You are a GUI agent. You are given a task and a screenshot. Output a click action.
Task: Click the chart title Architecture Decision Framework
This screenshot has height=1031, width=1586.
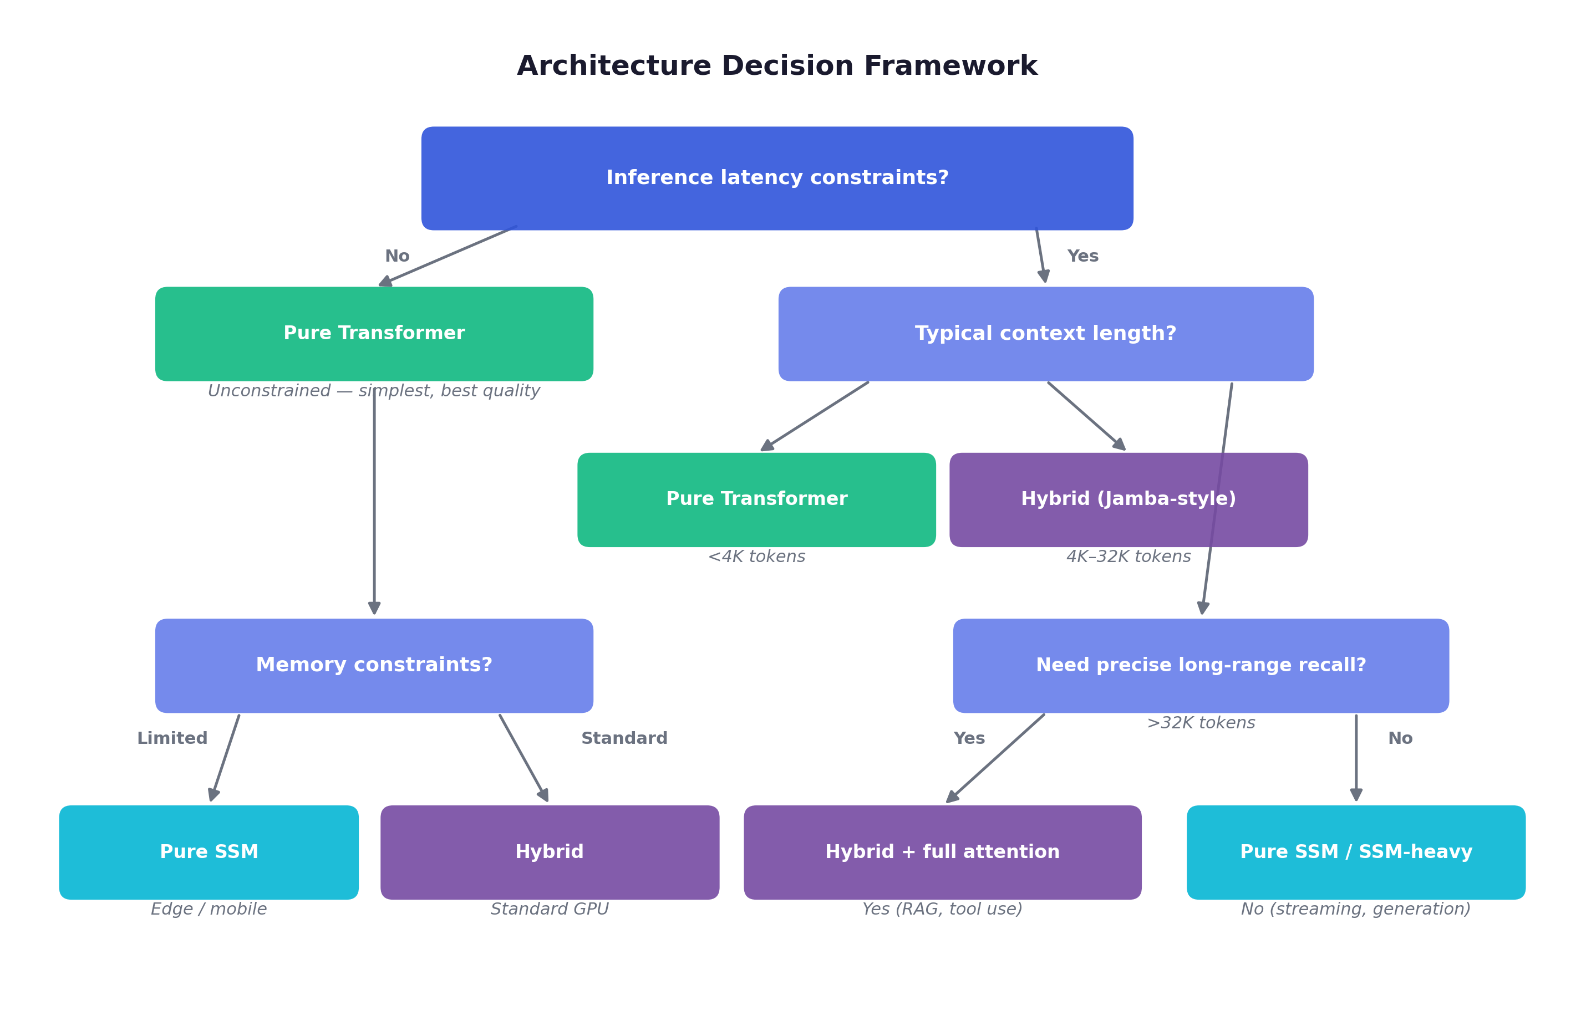click(x=777, y=65)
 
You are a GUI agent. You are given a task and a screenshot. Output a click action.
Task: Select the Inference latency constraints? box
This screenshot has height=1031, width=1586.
click(x=777, y=178)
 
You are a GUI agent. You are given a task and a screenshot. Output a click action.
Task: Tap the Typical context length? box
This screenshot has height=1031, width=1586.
click(x=1045, y=333)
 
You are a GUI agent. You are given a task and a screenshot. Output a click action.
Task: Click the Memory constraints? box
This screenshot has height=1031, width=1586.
click(x=374, y=665)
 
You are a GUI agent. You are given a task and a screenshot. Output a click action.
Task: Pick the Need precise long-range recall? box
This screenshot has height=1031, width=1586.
click(x=1201, y=665)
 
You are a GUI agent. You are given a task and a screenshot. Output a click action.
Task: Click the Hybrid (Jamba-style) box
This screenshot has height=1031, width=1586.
click(x=1128, y=499)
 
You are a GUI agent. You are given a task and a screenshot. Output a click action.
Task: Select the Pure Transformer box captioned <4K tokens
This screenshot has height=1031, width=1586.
click(x=756, y=499)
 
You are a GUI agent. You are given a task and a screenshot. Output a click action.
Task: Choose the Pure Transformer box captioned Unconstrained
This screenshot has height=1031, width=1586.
click(x=374, y=333)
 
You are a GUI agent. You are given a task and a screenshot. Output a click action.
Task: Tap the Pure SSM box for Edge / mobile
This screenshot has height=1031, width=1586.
click(x=209, y=851)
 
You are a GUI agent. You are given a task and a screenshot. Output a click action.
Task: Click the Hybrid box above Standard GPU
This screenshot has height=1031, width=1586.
click(x=549, y=851)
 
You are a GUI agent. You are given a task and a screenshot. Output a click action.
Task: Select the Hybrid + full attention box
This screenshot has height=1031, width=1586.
click(x=942, y=851)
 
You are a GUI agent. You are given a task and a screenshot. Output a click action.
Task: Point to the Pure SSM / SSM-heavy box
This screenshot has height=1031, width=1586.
click(x=1355, y=851)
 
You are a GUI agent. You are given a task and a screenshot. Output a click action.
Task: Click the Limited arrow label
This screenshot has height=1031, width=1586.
click(x=172, y=738)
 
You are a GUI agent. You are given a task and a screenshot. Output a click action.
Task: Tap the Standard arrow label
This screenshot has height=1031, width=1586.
click(x=624, y=738)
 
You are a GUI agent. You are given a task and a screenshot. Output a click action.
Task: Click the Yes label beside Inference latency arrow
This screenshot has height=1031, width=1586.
click(x=1082, y=256)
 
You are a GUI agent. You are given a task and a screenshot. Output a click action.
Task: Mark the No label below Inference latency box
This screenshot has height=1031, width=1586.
click(x=396, y=256)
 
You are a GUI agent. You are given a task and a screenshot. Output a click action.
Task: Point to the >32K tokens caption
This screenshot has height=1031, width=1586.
click(x=1201, y=723)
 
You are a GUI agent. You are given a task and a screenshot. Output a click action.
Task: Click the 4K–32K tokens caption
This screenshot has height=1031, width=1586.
click(x=1128, y=556)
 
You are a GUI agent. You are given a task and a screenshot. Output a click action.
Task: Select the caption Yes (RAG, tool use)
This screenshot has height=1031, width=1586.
click(x=942, y=908)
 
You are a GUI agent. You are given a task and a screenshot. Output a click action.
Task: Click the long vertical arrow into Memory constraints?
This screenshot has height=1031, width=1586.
click(x=374, y=499)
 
